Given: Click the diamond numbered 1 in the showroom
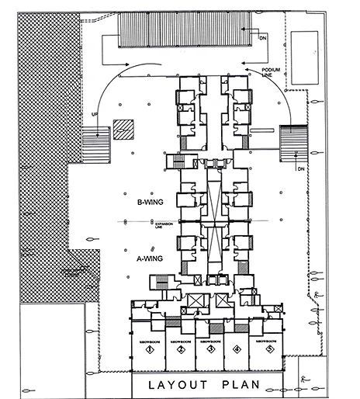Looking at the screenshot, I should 146,350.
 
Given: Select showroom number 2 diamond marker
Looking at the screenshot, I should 180,350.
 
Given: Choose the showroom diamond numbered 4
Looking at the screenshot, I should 237,350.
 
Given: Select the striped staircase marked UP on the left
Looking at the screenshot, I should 93,144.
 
